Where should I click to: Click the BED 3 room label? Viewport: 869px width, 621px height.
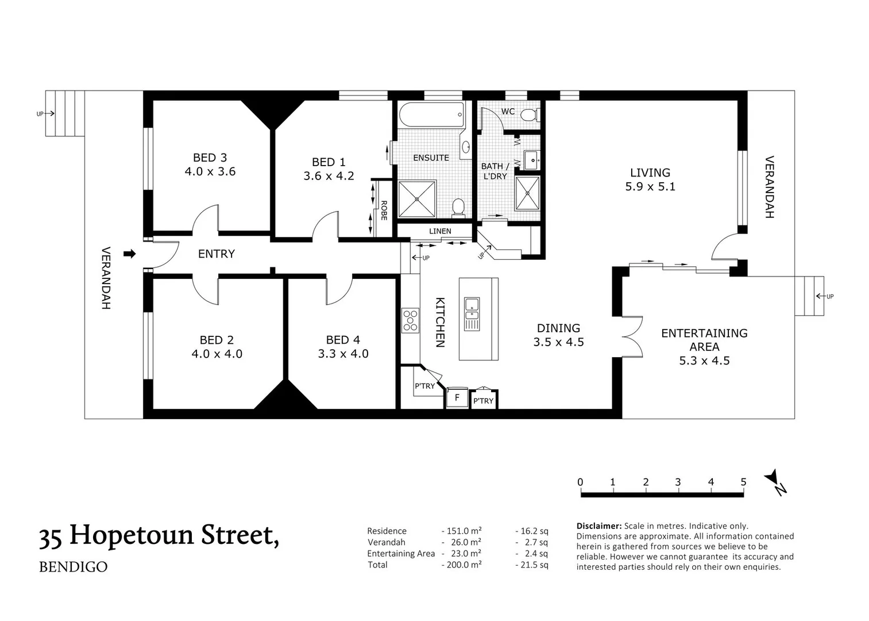point(210,158)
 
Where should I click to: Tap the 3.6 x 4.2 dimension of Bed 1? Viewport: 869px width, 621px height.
point(329,176)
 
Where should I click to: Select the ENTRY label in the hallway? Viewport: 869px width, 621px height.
point(216,254)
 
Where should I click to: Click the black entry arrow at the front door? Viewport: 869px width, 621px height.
point(130,254)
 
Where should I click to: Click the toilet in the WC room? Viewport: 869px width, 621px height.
point(528,116)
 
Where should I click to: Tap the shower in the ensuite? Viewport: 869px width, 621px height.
point(416,199)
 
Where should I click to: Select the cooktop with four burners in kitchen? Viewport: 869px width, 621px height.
point(410,321)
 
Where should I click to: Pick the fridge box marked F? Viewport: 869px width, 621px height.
point(457,397)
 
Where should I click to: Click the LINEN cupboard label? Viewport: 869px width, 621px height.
point(440,231)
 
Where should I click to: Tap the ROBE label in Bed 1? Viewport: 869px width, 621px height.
point(384,210)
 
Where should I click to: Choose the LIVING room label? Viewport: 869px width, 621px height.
point(650,172)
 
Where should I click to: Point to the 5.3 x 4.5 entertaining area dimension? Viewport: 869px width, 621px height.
point(704,361)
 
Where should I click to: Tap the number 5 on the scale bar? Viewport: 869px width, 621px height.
point(743,482)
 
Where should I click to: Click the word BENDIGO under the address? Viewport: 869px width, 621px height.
point(73,567)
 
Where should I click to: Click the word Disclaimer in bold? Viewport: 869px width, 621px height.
point(598,526)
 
